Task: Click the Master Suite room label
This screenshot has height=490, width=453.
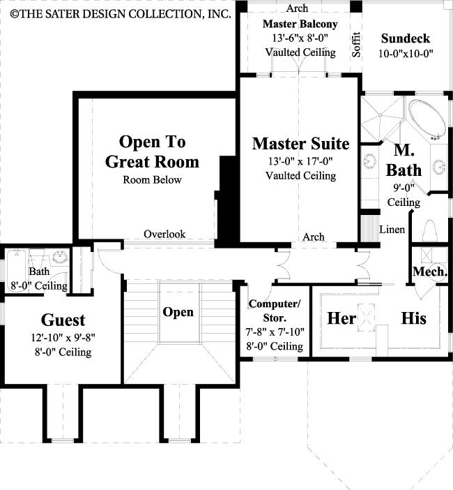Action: click(x=300, y=144)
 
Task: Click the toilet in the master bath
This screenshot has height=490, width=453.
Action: click(x=430, y=230)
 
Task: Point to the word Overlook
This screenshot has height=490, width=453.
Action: click(x=164, y=235)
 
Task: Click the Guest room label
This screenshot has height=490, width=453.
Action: click(x=63, y=320)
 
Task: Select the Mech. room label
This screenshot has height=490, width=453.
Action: click(x=430, y=272)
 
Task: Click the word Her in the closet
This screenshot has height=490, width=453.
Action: click(x=341, y=318)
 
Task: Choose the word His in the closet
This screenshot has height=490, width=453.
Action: click(x=413, y=318)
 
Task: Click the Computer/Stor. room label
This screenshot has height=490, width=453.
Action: click(x=275, y=310)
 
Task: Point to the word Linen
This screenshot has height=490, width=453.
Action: click(x=392, y=230)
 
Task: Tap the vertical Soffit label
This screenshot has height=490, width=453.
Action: click(x=356, y=44)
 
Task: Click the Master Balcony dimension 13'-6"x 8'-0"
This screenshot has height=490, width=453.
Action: click(x=300, y=38)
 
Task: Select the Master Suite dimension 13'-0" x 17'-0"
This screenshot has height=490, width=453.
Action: click(x=300, y=162)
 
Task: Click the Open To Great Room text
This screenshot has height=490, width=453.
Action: click(x=152, y=151)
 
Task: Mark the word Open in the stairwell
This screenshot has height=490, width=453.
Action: click(x=178, y=312)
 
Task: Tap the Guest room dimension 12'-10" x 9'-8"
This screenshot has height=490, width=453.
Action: click(x=63, y=339)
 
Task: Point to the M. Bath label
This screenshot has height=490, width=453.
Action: click(x=407, y=160)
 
